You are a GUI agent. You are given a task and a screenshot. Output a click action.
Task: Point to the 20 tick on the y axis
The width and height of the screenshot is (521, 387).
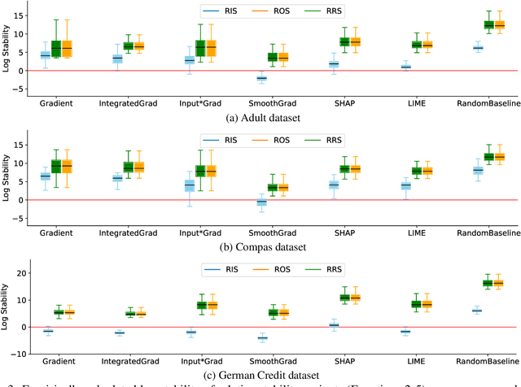click(x=17, y=273)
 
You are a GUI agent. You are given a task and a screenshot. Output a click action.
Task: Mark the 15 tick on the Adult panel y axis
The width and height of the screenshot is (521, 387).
click(x=17, y=15)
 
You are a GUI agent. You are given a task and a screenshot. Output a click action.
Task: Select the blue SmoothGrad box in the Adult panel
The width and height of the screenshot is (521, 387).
click(x=261, y=78)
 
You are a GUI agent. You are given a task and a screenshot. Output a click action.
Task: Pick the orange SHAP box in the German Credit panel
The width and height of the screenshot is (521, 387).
click(x=355, y=298)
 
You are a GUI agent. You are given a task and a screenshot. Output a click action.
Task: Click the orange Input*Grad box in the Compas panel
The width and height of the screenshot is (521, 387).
click(x=212, y=172)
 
